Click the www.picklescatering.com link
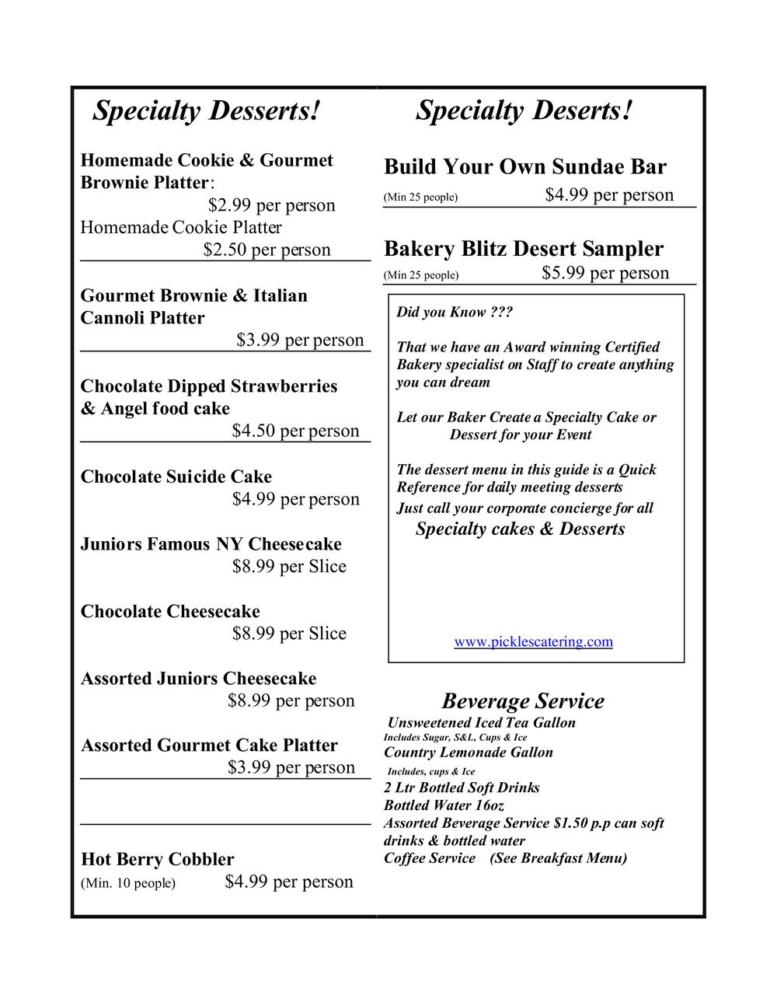click(x=533, y=641)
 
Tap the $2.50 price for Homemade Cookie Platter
click(x=267, y=250)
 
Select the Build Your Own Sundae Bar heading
click(x=525, y=167)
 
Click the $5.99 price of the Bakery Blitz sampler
click(x=605, y=273)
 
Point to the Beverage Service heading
click(x=523, y=700)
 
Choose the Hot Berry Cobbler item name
click(x=157, y=859)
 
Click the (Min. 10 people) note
click(x=128, y=883)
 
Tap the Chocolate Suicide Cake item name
click(x=176, y=477)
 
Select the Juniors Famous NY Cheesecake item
click(x=211, y=544)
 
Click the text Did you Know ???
click(x=455, y=312)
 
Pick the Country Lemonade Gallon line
click(x=469, y=753)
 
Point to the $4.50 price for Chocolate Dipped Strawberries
click(x=295, y=431)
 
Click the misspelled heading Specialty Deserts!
click(x=524, y=110)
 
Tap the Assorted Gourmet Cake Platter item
click(x=209, y=746)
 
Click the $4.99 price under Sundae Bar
click(x=609, y=194)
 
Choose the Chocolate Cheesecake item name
click(x=170, y=611)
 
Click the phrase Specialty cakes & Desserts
click(x=520, y=529)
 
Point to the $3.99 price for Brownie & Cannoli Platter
click(x=300, y=340)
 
